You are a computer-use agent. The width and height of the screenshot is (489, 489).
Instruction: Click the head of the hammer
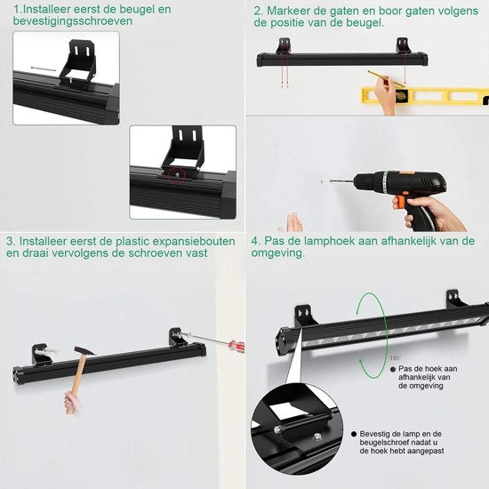tap(84, 350)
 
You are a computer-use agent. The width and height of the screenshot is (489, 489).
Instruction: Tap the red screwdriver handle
tap(237, 346)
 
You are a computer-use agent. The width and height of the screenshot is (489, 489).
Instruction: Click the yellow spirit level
tap(424, 95)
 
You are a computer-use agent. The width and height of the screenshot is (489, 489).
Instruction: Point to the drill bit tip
tap(330, 180)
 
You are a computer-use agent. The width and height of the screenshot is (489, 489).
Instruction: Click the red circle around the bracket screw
tap(176, 175)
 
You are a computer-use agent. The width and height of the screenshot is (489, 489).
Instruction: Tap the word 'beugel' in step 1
tap(138, 10)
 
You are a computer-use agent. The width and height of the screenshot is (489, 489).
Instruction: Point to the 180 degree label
tap(395, 358)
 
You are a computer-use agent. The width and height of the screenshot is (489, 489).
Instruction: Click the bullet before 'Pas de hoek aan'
tap(393, 369)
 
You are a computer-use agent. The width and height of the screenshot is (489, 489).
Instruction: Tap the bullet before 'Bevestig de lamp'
tap(354, 434)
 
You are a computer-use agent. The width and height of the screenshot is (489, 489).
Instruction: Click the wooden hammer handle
tap(77, 374)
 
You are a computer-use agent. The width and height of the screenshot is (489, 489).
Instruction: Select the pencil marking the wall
tap(386, 79)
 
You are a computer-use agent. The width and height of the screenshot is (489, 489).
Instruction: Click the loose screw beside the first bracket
tap(44, 68)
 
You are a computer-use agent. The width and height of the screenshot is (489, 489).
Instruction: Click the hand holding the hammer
tap(71, 403)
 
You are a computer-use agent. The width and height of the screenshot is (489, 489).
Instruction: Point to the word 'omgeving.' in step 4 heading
tap(278, 253)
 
